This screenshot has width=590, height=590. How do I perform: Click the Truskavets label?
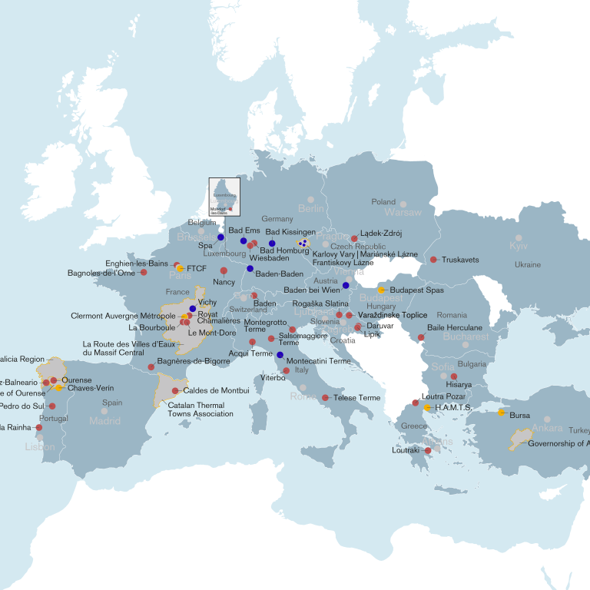(460, 260)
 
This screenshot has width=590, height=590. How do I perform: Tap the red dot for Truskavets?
(434, 260)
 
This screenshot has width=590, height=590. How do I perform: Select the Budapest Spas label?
(418, 290)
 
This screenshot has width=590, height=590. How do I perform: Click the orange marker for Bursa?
(502, 413)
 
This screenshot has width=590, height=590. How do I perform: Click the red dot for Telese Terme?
(326, 398)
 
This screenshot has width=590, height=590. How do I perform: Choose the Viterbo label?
(273, 377)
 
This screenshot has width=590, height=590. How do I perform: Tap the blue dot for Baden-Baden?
(250, 269)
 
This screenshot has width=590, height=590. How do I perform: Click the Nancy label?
(224, 282)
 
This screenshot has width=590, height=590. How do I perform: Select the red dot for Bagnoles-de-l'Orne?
(144, 272)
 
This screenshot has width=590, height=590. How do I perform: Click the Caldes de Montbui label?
(216, 391)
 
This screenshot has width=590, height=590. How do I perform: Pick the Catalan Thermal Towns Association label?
(201, 409)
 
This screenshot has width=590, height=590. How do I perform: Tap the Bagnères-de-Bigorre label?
(193, 360)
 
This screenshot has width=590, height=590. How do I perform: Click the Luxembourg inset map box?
(224, 197)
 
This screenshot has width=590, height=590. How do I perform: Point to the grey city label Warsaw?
(403, 212)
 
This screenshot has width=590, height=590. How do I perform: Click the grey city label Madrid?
(104, 420)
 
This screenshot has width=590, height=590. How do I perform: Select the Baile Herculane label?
(455, 328)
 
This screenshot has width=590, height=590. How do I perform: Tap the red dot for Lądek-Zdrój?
(354, 239)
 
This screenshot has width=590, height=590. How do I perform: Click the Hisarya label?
(459, 384)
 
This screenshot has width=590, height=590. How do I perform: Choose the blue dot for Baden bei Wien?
(346, 285)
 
